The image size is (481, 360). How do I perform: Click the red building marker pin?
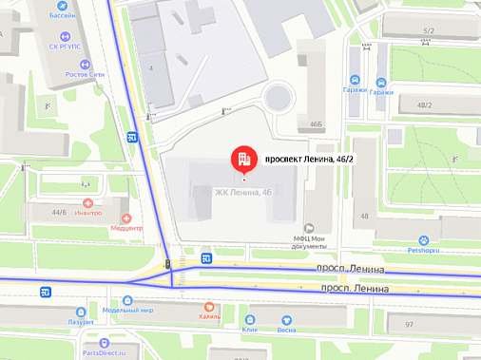[x=243, y=159]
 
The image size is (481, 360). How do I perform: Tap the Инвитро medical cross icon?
[x=87, y=202]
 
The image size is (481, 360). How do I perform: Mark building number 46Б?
[x=316, y=123]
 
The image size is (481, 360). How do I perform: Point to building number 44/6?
[x=59, y=212]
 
